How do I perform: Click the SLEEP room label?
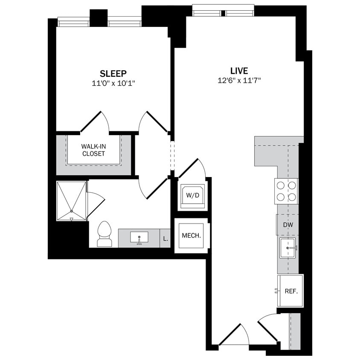[113, 73]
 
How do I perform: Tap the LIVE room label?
[239, 71]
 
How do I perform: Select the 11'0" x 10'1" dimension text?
[113, 84]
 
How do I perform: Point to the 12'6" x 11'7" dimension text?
[239, 81]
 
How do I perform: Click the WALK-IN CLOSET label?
[93, 150]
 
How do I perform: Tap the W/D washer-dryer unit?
[192, 196]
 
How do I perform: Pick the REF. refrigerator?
[290, 291]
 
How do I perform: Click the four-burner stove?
[286, 191]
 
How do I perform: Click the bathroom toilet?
[104, 234]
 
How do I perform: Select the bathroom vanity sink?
[139, 237]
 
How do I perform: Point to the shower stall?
[72, 201]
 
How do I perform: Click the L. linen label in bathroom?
[165, 239]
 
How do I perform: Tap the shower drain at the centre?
[72, 211]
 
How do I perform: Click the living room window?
[223, 11]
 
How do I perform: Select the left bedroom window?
[73, 21]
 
